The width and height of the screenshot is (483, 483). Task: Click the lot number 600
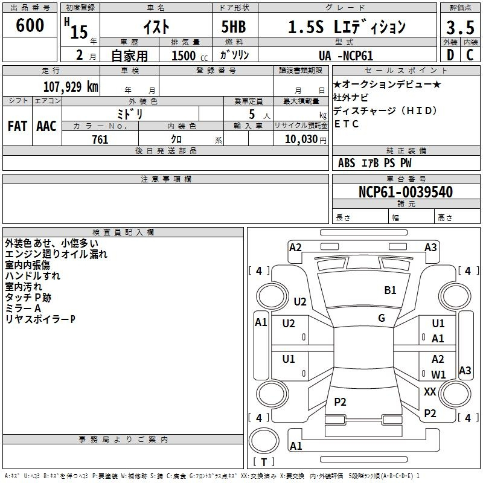coord(30,25)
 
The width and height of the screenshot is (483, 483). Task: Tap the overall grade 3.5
coord(460,28)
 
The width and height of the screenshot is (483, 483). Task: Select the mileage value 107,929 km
coord(71,87)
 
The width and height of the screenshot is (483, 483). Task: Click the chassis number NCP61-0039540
coord(406,192)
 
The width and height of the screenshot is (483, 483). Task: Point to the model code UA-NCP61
coord(346,56)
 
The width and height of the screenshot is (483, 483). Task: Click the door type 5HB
coord(234,27)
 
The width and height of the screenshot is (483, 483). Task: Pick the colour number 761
coord(100,139)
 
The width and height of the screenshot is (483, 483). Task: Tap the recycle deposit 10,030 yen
coord(305,139)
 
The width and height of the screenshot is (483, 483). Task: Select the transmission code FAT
coord(18,126)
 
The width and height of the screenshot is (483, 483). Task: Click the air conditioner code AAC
coord(46,126)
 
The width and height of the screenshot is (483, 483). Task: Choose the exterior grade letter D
coord(450,55)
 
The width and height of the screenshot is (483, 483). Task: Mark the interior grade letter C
coord(470,55)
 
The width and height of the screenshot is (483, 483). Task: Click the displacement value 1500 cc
coord(190,56)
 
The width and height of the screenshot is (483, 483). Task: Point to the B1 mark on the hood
coord(390,290)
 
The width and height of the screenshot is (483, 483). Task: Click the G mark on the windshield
coord(382,318)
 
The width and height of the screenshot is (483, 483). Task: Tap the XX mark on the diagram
coord(430,391)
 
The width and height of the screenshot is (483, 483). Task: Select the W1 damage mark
coord(438,374)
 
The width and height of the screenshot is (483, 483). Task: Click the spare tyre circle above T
coord(264,440)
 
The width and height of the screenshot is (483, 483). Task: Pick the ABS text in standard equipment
coord(347,163)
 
